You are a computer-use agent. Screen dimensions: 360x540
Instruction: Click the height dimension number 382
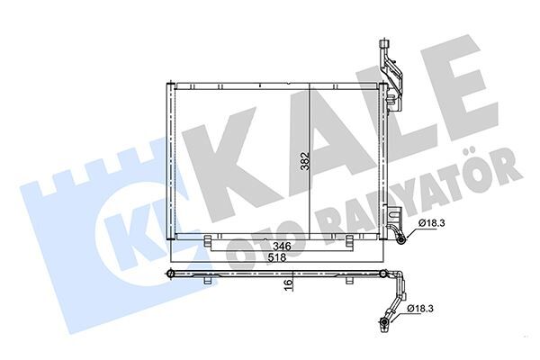pos(304,162)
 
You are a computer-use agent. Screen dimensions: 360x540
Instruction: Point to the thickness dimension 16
pos(289,284)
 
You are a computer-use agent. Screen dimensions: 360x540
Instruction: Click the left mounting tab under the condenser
pos(209,242)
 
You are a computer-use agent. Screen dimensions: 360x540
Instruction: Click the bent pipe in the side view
pos(394,288)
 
